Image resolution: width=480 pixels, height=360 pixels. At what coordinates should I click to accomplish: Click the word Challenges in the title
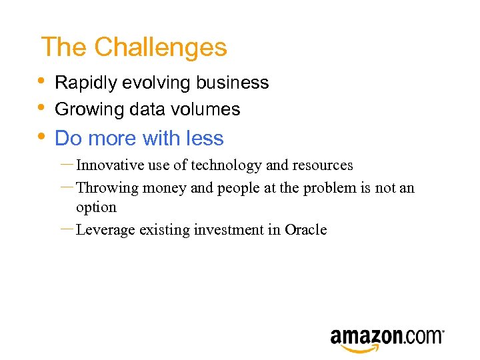[x=161, y=47]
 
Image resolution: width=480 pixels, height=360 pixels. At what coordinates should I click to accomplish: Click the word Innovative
[x=109, y=165]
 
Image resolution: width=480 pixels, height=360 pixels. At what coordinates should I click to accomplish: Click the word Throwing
[x=107, y=188]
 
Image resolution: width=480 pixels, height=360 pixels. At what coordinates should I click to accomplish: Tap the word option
[x=96, y=207]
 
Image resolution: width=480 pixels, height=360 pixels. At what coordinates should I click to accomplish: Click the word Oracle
[x=306, y=230]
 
